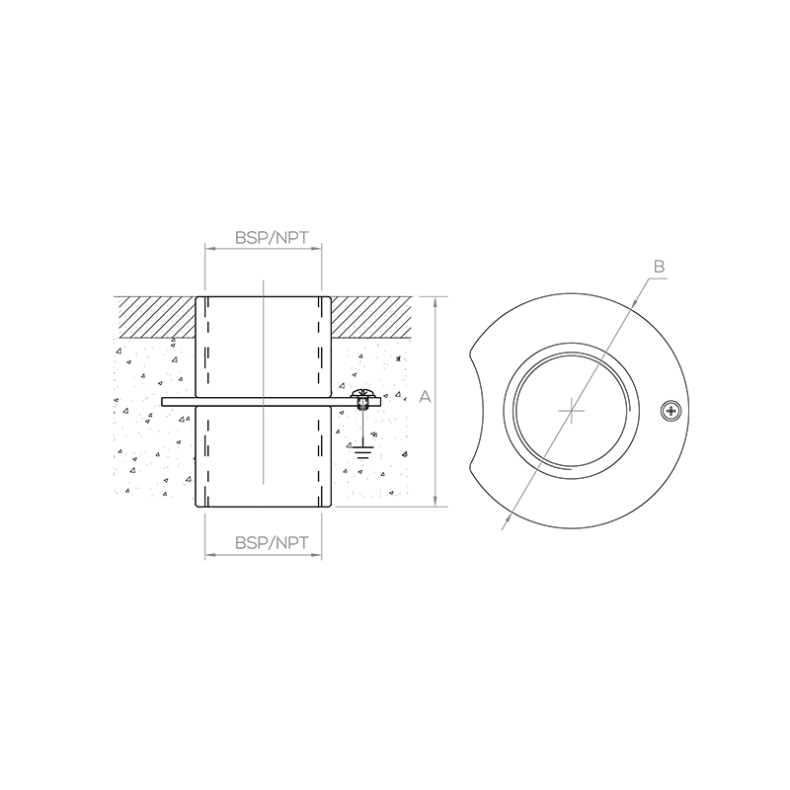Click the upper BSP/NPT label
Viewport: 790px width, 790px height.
[x=272, y=237]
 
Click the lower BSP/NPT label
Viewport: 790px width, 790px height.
[x=272, y=542]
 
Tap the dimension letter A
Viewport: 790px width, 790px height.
[x=426, y=397]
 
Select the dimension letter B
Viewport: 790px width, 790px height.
[x=659, y=266]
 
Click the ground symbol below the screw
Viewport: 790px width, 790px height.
[x=361, y=452]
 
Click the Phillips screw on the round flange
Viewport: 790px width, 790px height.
[x=671, y=411]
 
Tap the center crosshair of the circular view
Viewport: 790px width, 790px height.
[x=572, y=411]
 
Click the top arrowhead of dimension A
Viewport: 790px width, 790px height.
[x=435, y=301]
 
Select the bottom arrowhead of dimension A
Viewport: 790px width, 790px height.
[x=435, y=502]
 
